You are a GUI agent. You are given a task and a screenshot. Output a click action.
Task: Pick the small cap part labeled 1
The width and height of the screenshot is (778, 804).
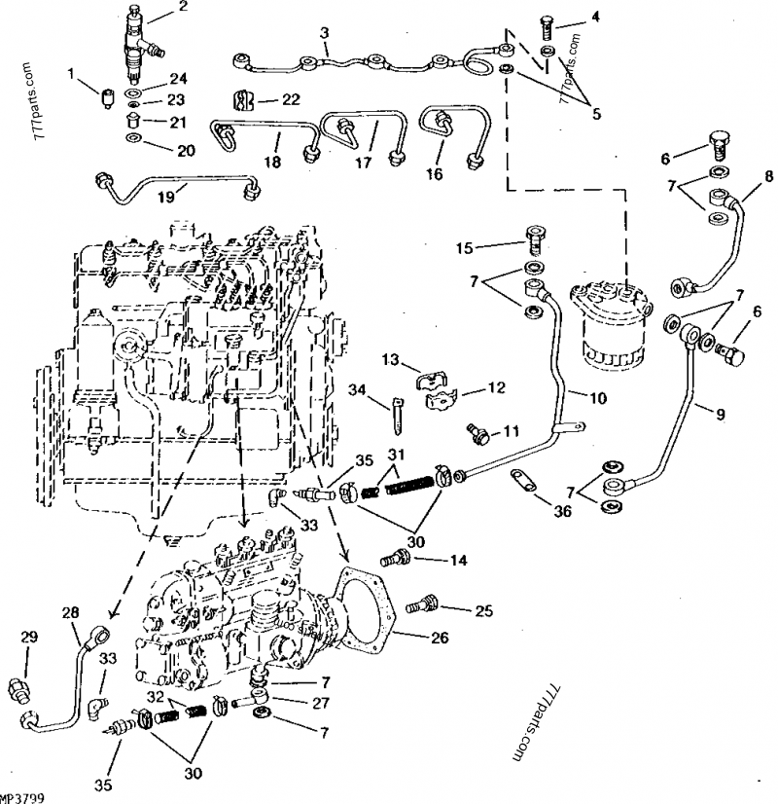[x=105, y=96]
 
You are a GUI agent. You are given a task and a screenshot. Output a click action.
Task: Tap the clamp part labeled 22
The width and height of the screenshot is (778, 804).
[x=235, y=99]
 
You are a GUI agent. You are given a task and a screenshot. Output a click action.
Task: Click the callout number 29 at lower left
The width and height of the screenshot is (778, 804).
[x=29, y=637]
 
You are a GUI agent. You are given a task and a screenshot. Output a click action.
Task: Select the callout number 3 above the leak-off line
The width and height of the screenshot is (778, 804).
[x=325, y=33]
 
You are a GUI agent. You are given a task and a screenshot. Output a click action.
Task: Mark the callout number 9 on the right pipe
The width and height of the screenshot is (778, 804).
[x=721, y=414]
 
